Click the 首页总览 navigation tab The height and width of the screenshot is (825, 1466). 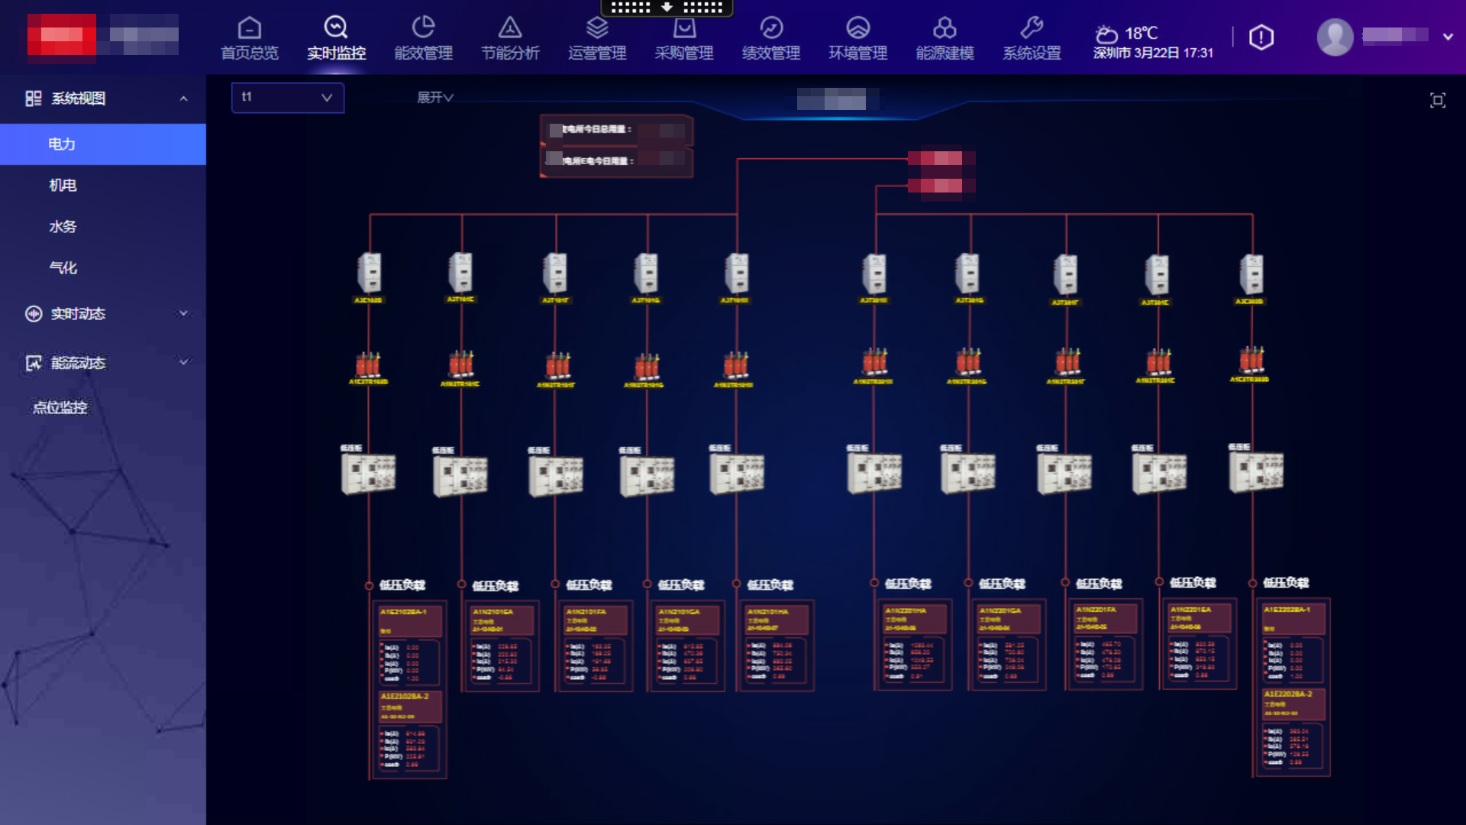(x=250, y=38)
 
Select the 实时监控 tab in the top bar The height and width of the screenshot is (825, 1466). (x=336, y=38)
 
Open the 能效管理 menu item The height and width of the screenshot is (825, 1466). (x=423, y=38)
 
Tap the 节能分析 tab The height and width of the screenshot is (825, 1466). (x=510, y=38)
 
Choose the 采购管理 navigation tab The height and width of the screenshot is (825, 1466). (x=684, y=38)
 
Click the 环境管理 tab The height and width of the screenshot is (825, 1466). (x=858, y=38)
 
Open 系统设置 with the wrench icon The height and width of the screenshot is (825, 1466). (x=1032, y=38)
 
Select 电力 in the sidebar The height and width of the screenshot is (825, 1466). (x=62, y=144)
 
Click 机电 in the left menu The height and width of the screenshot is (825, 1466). (x=63, y=186)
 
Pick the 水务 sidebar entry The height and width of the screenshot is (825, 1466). (x=63, y=227)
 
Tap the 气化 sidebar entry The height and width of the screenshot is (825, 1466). (x=63, y=268)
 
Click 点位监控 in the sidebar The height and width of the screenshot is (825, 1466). (x=60, y=408)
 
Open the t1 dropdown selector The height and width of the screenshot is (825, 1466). (x=287, y=98)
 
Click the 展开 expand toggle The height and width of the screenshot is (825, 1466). (x=434, y=98)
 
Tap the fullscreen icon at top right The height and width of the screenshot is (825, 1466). (x=1438, y=100)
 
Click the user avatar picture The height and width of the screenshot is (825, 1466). (x=1335, y=37)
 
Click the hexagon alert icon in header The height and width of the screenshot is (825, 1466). (x=1261, y=37)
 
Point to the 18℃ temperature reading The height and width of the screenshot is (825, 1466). (x=1141, y=34)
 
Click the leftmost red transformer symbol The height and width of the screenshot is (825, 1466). (x=368, y=364)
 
